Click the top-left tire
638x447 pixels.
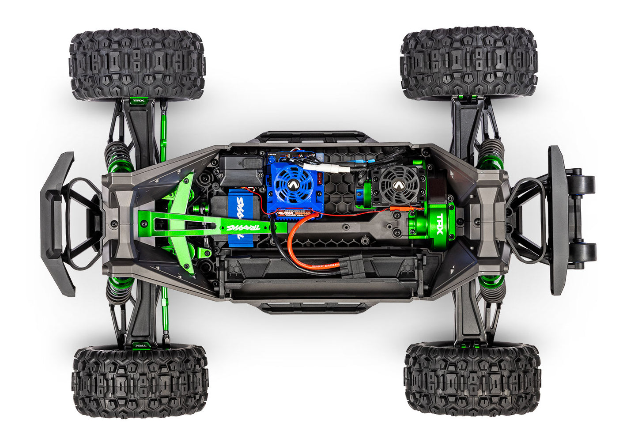coord(137,64)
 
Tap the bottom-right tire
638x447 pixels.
coord(472,379)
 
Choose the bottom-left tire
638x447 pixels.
coord(140,381)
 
